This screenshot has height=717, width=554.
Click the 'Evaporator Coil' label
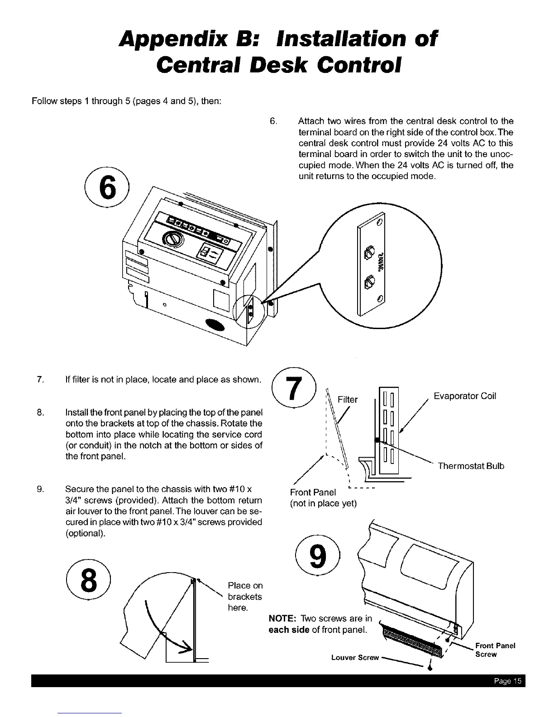click(x=465, y=396)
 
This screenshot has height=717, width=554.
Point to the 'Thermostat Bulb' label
click(x=471, y=466)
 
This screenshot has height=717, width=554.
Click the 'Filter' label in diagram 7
click(x=348, y=399)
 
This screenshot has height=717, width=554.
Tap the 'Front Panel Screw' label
click(x=495, y=650)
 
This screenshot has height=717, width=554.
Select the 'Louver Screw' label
click(x=354, y=657)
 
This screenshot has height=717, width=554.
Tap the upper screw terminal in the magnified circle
click(x=370, y=249)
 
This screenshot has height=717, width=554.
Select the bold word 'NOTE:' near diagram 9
click(x=283, y=619)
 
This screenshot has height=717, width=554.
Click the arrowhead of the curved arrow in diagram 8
click(x=185, y=650)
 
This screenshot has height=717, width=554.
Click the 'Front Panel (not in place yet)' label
click(x=323, y=497)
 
